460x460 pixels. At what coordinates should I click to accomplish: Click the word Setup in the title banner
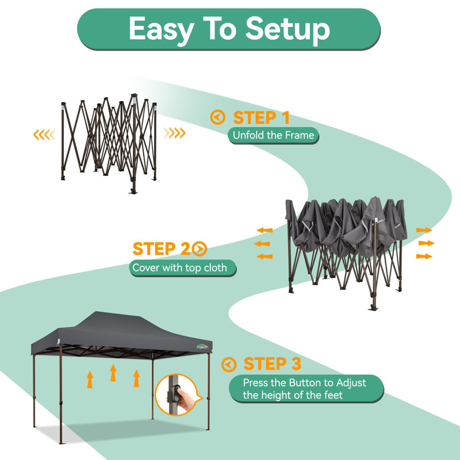tap(287, 29)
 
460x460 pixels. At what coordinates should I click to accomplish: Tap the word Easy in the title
tap(162, 29)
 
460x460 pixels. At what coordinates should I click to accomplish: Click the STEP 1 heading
tap(262, 118)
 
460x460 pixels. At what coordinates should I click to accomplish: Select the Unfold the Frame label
tap(273, 135)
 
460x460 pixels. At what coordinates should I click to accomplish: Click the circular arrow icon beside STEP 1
tap(218, 117)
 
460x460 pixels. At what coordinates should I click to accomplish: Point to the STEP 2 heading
tap(162, 249)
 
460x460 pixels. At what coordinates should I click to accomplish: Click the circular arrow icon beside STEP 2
tap(200, 249)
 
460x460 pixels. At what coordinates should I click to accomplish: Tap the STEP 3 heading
tap(273, 364)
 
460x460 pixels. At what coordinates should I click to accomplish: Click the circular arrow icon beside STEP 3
tap(229, 365)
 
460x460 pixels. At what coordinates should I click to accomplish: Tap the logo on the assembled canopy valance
tap(202, 347)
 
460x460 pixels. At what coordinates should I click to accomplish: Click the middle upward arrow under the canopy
tap(113, 373)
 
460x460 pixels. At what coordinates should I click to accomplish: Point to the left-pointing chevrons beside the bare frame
tap(44, 135)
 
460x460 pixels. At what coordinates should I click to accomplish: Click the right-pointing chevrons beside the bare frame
tap(175, 133)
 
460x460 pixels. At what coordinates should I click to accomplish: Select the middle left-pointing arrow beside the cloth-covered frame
tap(262, 243)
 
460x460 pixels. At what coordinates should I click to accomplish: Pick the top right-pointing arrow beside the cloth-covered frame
tap(424, 230)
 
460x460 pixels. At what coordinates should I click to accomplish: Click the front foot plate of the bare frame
tap(133, 192)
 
